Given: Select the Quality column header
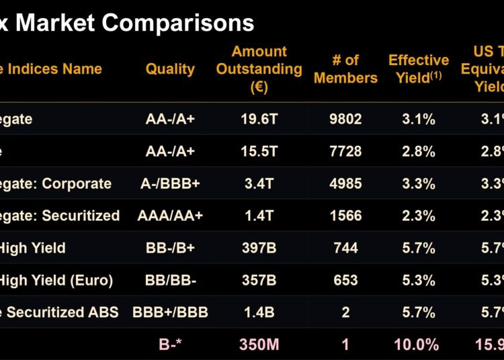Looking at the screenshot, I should (170, 69).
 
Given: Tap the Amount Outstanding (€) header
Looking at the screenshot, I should (259, 69).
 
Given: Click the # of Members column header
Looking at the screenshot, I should (345, 69).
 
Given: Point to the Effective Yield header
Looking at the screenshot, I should (418, 69).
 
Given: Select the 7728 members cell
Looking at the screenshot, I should (345, 151).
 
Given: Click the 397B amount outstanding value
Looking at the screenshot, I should (259, 248).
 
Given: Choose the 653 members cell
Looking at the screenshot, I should (345, 280).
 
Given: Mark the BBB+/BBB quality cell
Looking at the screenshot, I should (170, 312).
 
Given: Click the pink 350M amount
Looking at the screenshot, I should (259, 345).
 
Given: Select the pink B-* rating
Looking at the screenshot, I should (170, 345).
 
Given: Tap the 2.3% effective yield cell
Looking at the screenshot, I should (418, 216).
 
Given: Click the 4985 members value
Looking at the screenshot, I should (345, 183).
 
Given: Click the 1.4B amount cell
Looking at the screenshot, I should (259, 312).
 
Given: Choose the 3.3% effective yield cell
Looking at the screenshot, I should (418, 183).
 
